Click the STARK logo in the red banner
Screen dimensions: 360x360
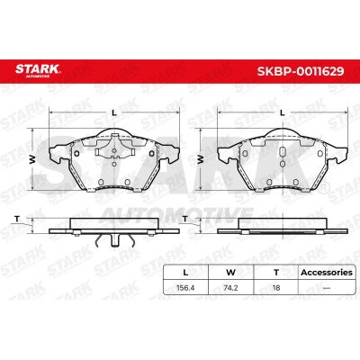click(38, 70)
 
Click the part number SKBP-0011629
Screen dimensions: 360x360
click(301, 71)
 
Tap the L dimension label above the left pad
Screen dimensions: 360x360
click(114, 112)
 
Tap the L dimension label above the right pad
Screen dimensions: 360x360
click(282, 112)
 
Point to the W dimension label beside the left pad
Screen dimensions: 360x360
click(32, 159)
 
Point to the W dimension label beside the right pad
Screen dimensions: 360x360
click(201, 159)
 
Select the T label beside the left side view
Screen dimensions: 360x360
click(17, 219)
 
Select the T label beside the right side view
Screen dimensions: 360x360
click(185, 219)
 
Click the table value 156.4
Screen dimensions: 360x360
click(185, 288)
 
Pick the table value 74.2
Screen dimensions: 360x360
click(230, 288)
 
